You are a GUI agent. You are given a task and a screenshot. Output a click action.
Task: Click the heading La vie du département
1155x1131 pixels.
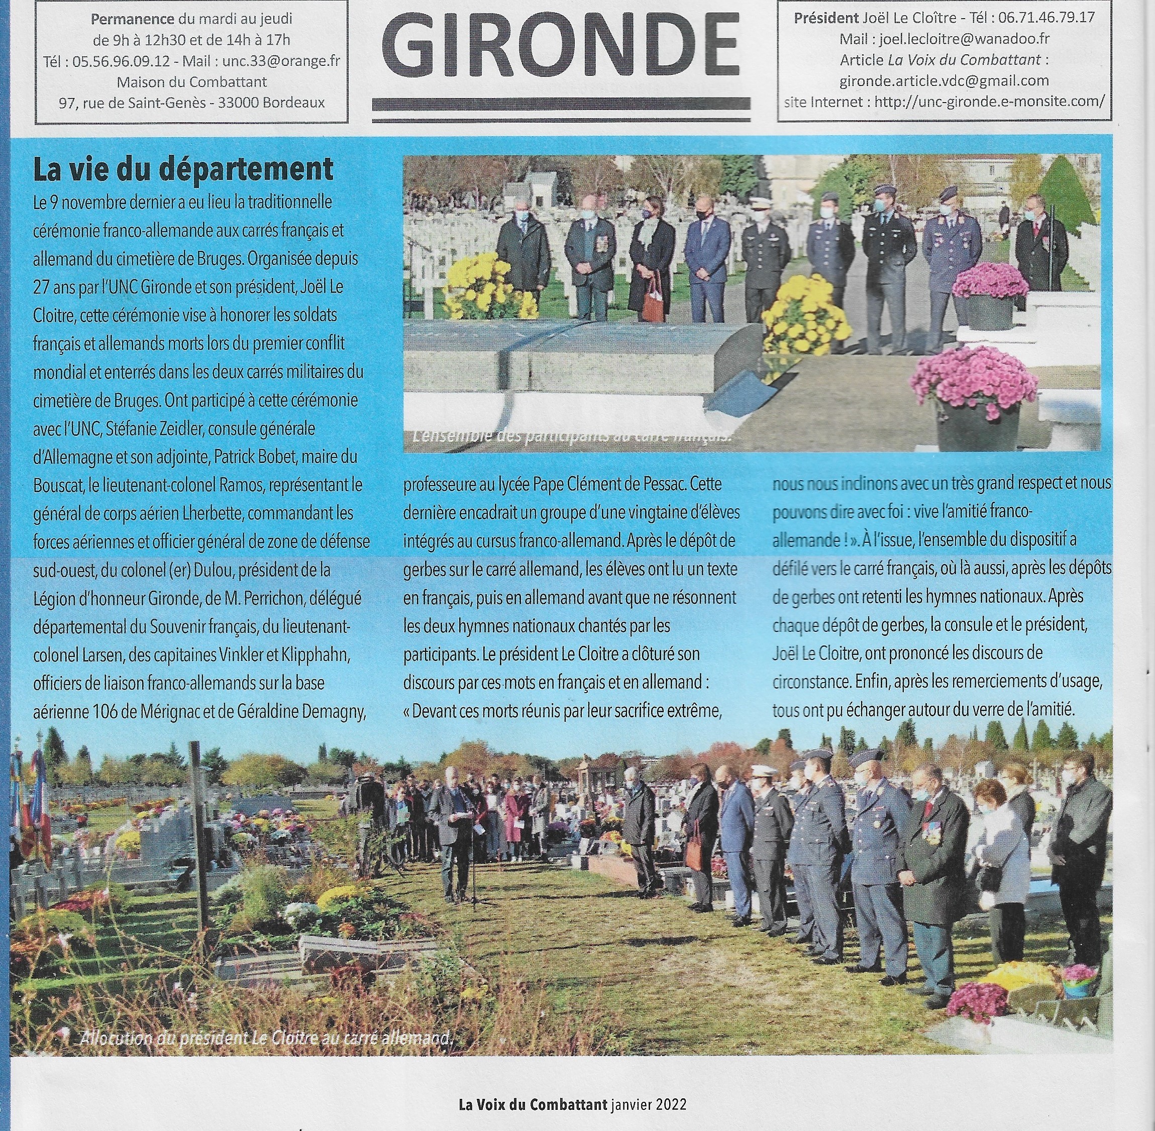point(183,169)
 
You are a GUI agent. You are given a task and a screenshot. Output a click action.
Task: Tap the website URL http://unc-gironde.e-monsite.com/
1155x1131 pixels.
point(989,101)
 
